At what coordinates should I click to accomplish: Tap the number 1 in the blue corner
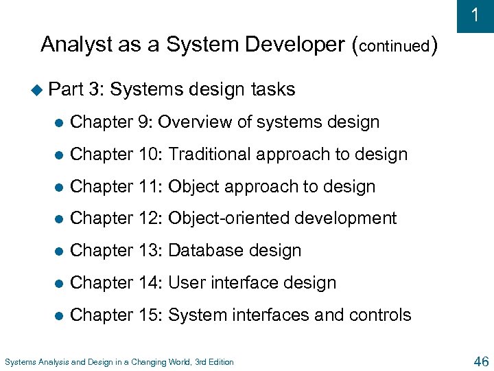coord(475,15)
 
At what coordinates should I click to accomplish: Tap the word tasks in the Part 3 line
coord(273,89)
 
